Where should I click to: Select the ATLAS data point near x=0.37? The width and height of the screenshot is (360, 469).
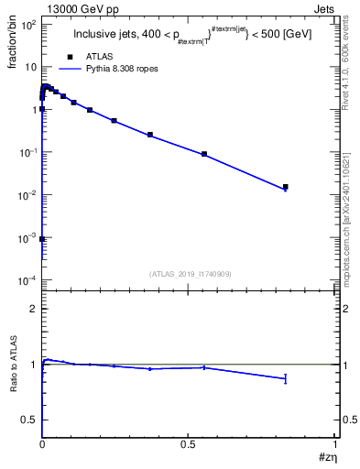tap(150, 135)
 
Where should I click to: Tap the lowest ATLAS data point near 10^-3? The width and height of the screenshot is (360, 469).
tap(43, 238)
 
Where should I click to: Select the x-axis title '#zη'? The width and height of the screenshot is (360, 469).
tap(324, 459)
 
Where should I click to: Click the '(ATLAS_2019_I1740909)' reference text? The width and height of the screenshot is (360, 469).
tap(190, 275)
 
